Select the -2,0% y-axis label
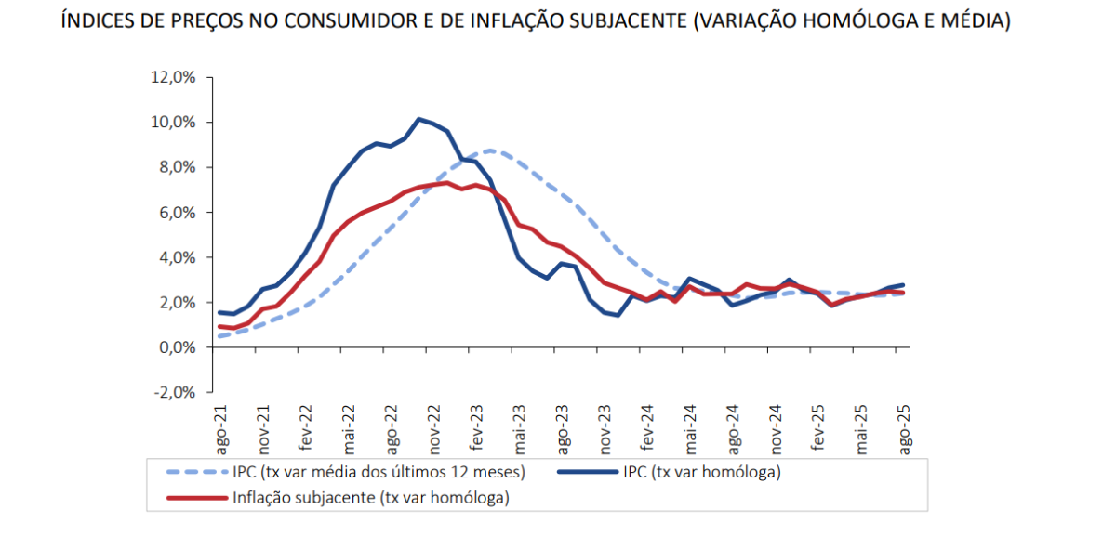coord(173,392)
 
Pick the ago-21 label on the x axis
coord(222,430)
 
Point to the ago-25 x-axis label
coord(902,430)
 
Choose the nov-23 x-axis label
coord(604,430)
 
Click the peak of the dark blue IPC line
coord(418,119)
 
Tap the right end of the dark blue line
coord(903,285)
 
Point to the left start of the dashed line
coord(218,336)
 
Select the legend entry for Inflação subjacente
coord(370,498)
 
